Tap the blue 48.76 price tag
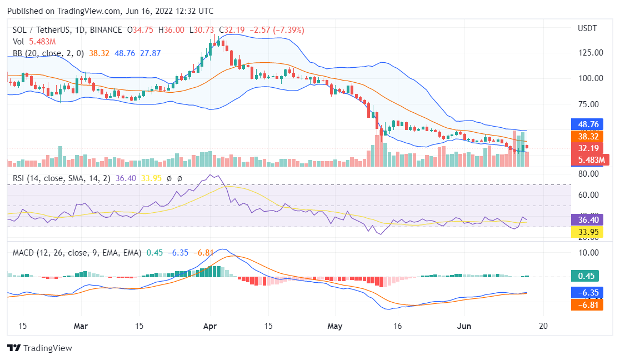pyautogui.click(x=587, y=124)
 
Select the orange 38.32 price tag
pyautogui.click(x=587, y=136)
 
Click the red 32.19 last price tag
pyautogui.click(x=587, y=148)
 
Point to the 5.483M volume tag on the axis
pyautogui.click(x=587, y=160)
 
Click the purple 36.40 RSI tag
pyautogui.click(x=587, y=220)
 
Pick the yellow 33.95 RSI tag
pyautogui.click(x=587, y=232)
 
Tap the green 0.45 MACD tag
pyautogui.click(x=587, y=276)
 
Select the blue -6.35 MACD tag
pyautogui.click(x=587, y=292)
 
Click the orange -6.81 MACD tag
pyautogui.click(x=587, y=304)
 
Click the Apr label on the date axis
pyautogui.click(x=209, y=326)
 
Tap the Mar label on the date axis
pyautogui.click(x=81, y=326)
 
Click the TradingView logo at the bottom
pyautogui.click(x=39, y=348)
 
